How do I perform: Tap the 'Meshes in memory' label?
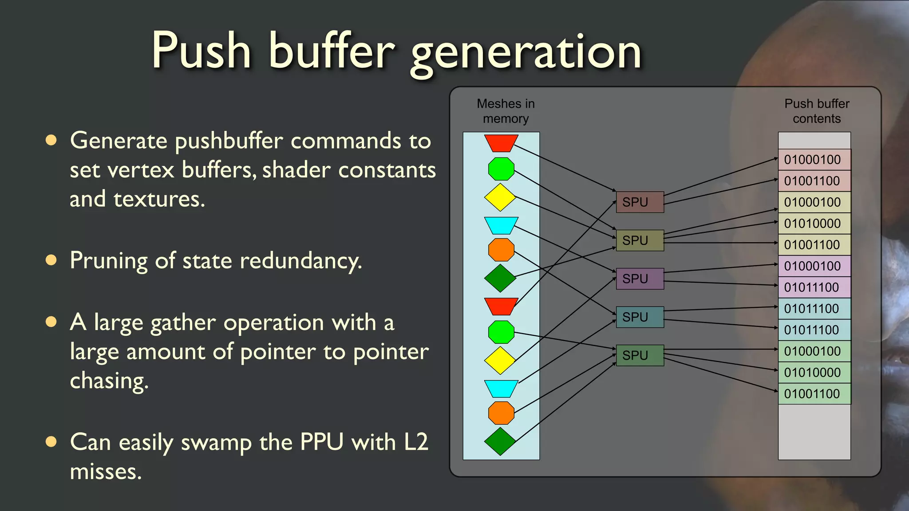click(x=506, y=111)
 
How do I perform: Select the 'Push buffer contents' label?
click(x=817, y=111)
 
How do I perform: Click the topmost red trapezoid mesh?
click(x=501, y=143)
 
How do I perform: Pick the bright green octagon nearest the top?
click(x=501, y=169)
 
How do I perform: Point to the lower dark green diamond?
click(x=500, y=441)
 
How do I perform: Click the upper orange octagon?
click(x=501, y=250)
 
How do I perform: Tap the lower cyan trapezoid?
click(x=501, y=389)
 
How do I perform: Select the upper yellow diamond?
click(x=500, y=197)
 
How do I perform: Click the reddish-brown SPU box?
click(x=640, y=202)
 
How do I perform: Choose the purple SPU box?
click(x=640, y=279)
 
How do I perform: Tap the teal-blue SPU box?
click(x=640, y=317)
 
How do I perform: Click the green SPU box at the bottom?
click(x=640, y=355)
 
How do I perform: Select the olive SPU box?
click(x=640, y=240)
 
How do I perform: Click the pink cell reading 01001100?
click(x=814, y=181)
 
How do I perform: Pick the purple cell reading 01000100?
click(x=814, y=266)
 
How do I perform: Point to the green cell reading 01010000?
click(x=814, y=373)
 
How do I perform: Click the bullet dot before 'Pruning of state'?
click(x=51, y=260)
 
